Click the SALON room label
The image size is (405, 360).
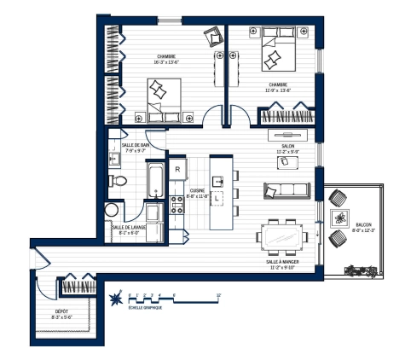click(287, 147)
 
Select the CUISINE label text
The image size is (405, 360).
click(197, 192)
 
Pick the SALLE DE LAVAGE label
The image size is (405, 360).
click(126, 227)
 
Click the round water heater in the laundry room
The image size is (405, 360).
click(112, 211)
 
